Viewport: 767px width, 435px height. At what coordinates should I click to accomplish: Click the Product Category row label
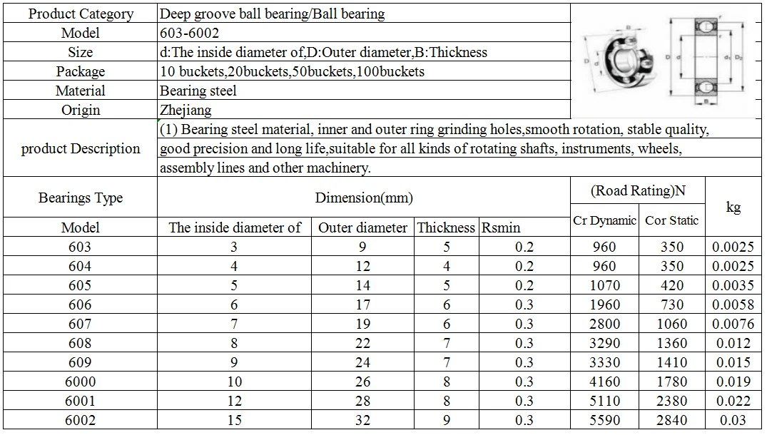[81, 14]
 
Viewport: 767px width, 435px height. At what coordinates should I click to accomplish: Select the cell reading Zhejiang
[186, 110]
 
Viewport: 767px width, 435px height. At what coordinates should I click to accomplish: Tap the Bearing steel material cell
[198, 91]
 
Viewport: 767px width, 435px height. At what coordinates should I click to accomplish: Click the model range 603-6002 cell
[189, 33]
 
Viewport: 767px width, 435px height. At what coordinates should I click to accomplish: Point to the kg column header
[733, 207]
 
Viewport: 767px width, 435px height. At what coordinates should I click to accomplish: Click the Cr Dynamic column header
[604, 220]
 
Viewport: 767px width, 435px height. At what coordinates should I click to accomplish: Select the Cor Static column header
[671, 220]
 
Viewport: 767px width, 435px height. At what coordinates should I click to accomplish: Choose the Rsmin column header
[501, 227]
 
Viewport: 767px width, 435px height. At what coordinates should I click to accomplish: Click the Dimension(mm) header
[364, 198]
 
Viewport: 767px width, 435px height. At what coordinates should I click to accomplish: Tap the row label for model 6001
[80, 401]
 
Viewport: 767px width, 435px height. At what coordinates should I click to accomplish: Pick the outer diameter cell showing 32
[362, 420]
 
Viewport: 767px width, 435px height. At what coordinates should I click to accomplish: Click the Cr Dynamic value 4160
[604, 382]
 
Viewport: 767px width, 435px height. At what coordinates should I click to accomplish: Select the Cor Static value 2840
[671, 420]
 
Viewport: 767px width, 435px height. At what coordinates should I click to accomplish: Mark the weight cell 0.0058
[733, 304]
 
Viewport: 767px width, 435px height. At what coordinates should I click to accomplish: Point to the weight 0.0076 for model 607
[733, 324]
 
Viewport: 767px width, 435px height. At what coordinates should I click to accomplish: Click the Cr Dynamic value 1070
[604, 285]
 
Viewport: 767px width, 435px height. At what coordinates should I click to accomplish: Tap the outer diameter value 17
[362, 304]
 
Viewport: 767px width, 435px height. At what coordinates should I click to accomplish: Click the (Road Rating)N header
[638, 190]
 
